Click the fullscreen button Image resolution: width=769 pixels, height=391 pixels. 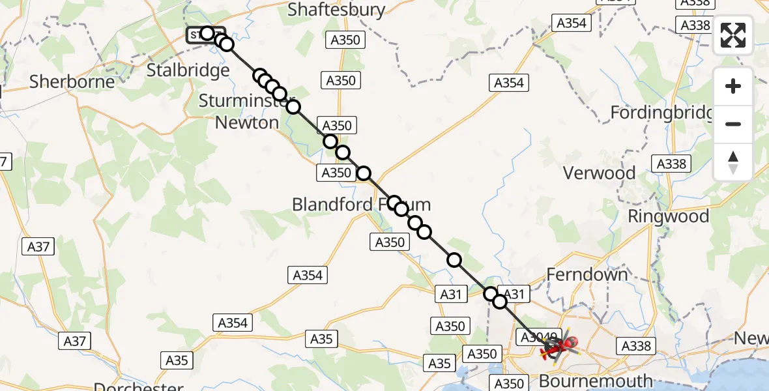point(733,35)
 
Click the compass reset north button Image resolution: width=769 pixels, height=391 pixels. point(733,162)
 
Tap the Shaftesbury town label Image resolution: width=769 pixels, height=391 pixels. point(336,10)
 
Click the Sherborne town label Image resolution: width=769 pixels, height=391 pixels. point(72,81)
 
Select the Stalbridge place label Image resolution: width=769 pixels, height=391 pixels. point(188,70)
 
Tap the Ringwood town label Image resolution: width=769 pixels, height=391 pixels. point(668,216)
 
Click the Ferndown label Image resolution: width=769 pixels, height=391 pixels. point(587,274)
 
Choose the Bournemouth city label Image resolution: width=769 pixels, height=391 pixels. point(596,381)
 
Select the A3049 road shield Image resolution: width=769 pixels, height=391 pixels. point(536,337)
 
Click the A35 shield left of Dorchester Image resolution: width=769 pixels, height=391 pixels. point(176,360)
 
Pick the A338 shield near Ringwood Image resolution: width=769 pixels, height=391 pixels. point(671,164)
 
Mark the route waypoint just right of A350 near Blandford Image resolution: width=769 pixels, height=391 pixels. point(364,173)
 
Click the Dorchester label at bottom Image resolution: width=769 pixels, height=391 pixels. point(139,386)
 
